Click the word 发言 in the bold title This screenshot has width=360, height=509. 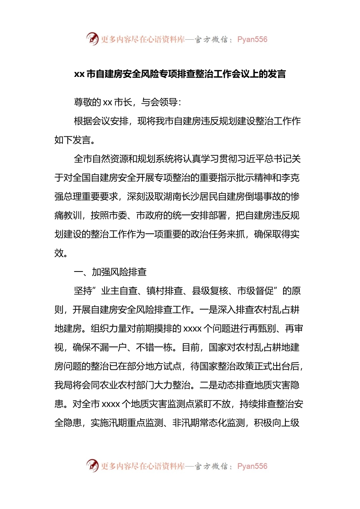(277, 74)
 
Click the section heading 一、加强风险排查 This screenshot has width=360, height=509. (110, 272)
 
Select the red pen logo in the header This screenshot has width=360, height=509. (92, 39)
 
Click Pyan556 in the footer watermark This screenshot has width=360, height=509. (252, 466)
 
